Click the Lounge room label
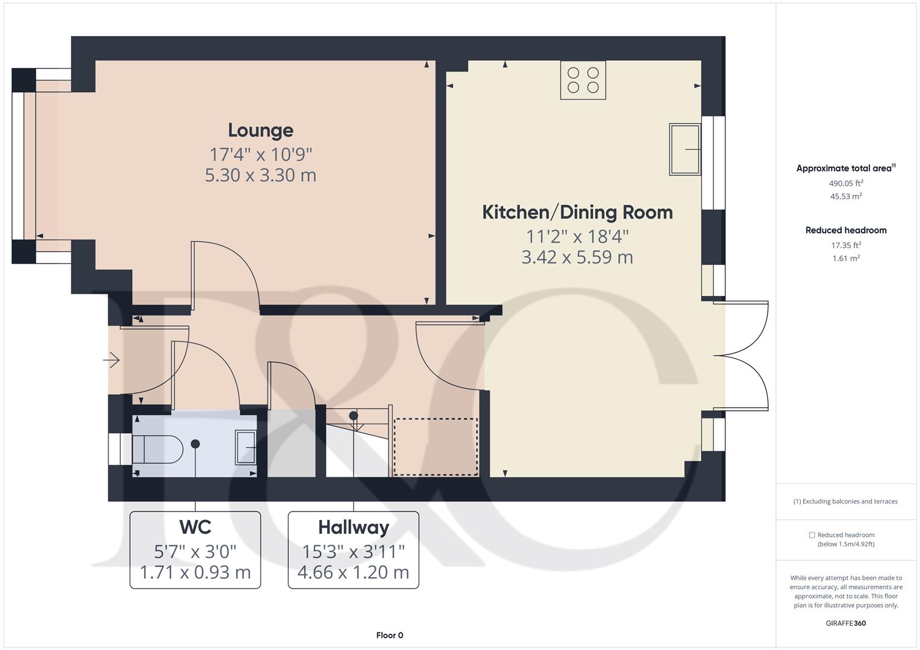pyautogui.click(x=260, y=131)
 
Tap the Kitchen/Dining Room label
pyautogui.click(x=577, y=212)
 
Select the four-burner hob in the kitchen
pyautogui.click(x=583, y=80)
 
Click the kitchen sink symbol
pyautogui.click(x=685, y=149)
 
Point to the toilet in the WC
pyautogui.click(x=157, y=450)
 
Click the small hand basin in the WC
pyautogui.click(x=245, y=447)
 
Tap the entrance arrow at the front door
pyautogui.click(x=111, y=361)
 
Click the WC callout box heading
pyautogui.click(x=195, y=527)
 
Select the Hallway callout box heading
pyautogui.click(x=353, y=527)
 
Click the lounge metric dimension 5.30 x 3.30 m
pyautogui.click(x=260, y=175)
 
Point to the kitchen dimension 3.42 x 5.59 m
pyautogui.click(x=577, y=258)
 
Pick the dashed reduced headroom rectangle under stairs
pyautogui.click(x=436, y=447)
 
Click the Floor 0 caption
pyautogui.click(x=389, y=635)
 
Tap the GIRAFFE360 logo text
pyautogui.click(x=845, y=623)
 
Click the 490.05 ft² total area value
pyautogui.click(x=846, y=183)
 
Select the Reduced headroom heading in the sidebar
pyautogui.click(x=846, y=230)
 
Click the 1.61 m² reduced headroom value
pyautogui.click(x=846, y=258)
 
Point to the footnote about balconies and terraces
pyautogui.click(x=846, y=501)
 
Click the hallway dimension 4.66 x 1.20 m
pyautogui.click(x=353, y=572)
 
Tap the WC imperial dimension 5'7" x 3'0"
pyautogui.click(x=195, y=551)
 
